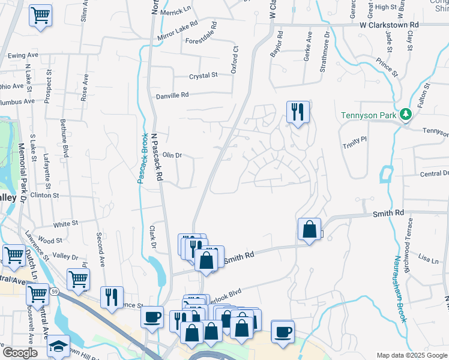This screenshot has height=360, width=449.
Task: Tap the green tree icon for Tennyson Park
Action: point(406,114)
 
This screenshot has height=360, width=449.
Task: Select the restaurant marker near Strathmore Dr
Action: point(297,112)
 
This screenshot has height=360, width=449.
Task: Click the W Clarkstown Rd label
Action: point(389,25)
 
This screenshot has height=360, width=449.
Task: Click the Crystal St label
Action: point(203,76)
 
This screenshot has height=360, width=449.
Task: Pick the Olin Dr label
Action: point(172,155)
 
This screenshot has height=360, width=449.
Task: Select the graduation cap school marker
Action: point(58,346)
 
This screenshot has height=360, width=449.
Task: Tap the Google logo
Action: point(20,353)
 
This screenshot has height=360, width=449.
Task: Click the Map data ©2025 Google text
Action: point(412,355)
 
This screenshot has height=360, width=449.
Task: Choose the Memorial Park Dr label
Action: point(22,169)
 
